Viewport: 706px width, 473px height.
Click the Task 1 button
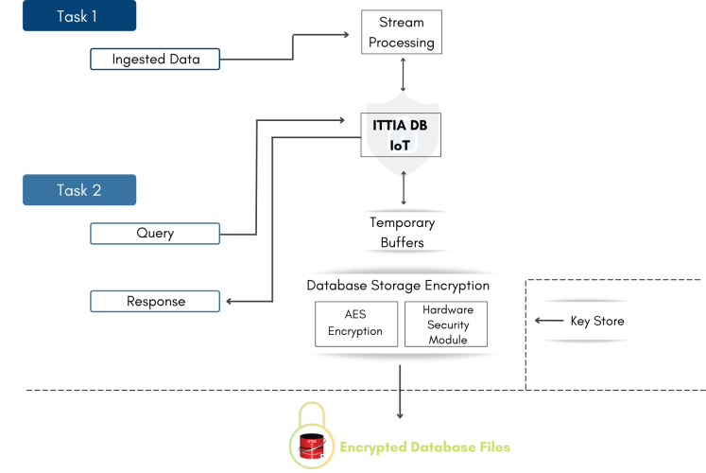(79, 16)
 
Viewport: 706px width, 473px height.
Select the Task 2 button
(79, 190)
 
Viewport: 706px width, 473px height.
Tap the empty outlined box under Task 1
(155, 60)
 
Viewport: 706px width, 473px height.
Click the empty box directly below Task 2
(155, 234)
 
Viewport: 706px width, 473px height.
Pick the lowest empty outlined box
(155, 302)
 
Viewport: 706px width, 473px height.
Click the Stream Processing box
(402, 32)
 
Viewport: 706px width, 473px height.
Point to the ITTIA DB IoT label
(402, 134)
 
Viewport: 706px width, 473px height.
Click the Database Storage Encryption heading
(398, 286)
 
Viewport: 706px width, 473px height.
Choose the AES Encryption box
(355, 324)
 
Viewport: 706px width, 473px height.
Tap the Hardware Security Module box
(448, 324)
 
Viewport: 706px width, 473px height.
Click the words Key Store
(597, 322)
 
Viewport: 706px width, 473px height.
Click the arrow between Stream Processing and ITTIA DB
(404, 74)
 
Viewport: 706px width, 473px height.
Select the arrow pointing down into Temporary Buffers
(404, 192)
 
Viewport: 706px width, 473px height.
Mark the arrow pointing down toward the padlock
(400, 393)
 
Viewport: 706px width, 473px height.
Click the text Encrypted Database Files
(426, 446)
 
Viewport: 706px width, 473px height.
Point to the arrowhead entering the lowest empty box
(228, 303)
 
